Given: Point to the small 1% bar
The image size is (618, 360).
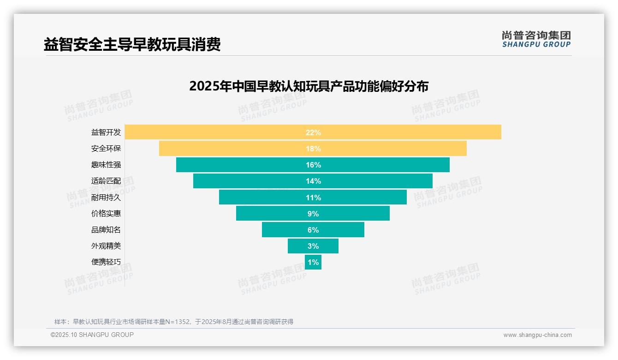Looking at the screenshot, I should coord(313,262).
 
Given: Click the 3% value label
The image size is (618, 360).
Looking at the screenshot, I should coord(313,246).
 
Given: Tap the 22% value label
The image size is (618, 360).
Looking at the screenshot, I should coord(313,132).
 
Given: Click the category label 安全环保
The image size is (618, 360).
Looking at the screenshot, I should coord(106,149).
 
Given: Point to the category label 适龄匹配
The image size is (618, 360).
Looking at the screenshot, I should coord(106,181).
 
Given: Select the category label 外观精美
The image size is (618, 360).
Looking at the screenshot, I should coord(106,246).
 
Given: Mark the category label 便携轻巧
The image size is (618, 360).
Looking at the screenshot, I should coord(106,262).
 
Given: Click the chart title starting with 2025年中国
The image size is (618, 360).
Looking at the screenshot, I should coord(309,86).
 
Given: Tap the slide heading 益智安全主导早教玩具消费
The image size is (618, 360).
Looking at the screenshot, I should coord(132,44).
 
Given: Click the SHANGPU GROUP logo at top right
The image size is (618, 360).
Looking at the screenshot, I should coord(536,39).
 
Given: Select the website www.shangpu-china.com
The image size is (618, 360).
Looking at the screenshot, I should coord(537,335).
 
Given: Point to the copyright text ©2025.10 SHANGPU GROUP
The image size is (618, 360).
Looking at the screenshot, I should coord(92,335).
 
